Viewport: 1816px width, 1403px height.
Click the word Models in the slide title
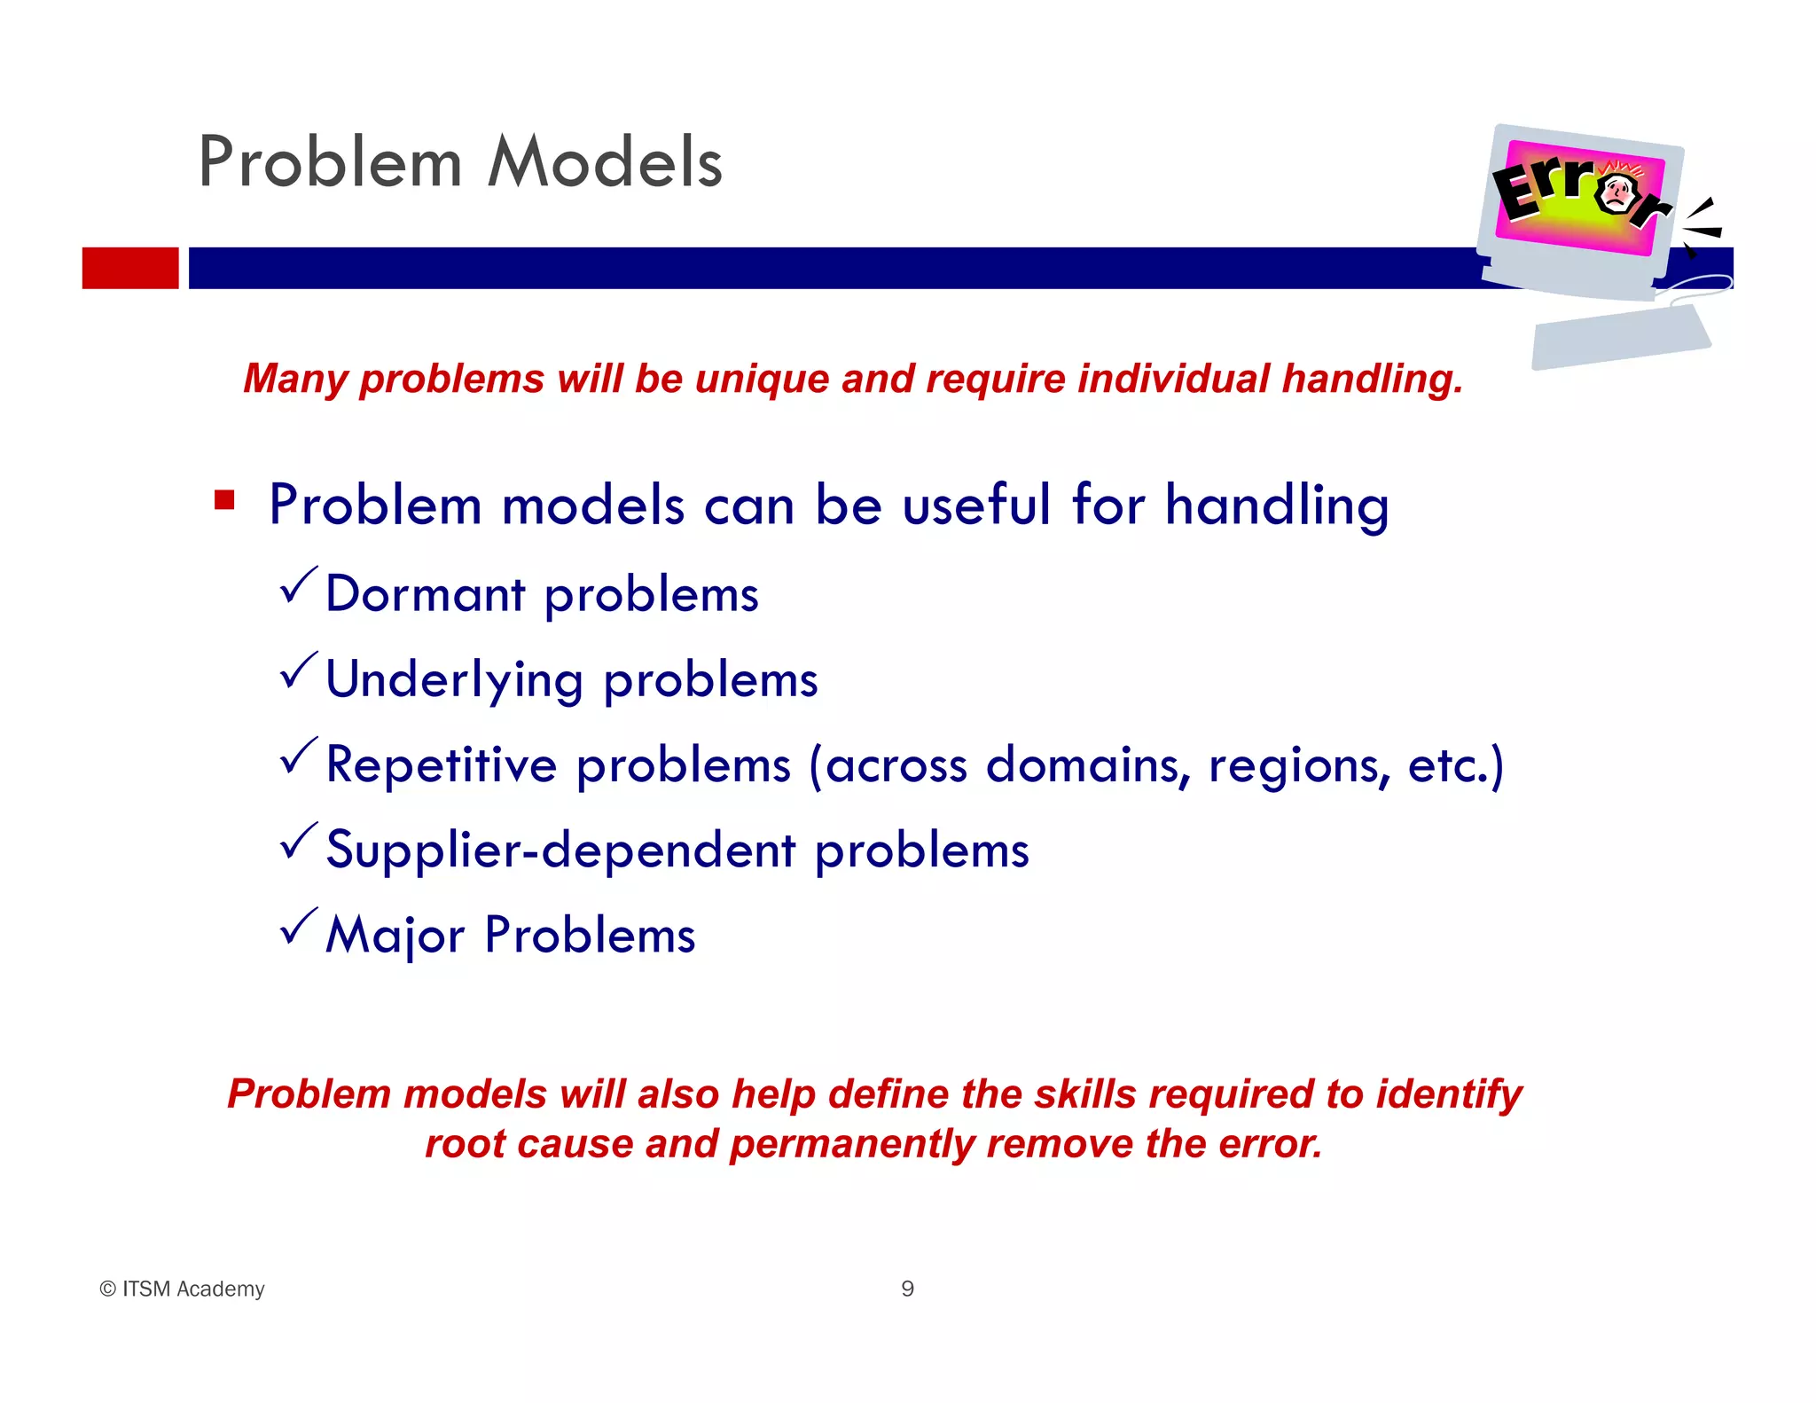pyautogui.click(x=606, y=163)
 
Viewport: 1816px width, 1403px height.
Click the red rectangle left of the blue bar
pyautogui.click(x=130, y=268)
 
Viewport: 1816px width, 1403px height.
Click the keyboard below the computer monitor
pyautogui.click(x=1621, y=338)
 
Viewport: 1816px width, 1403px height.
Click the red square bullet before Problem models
pyautogui.click(x=224, y=501)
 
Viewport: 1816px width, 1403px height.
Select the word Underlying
pyautogui.click(x=454, y=681)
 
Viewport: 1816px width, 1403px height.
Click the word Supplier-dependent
pyautogui.click(x=560, y=850)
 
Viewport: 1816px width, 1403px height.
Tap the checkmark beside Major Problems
pyautogui.click(x=298, y=928)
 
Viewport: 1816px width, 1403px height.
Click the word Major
pyautogui.click(x=395, y=937)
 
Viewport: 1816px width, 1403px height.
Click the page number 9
pyautogui.click(x=907, y=1289)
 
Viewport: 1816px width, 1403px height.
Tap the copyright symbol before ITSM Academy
pyautogui.click(x=108, y=1289)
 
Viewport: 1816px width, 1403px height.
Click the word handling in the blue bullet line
pyautogui.click(x=1276, y=506)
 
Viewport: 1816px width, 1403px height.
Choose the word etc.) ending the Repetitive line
pyautogui.click(x=1455, y=765)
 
